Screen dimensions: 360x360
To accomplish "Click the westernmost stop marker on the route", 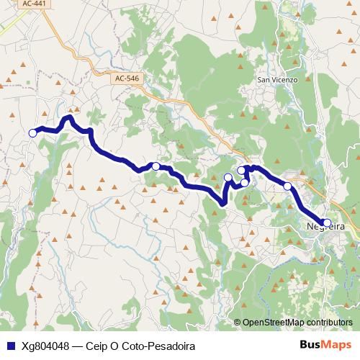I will tap(32, 132).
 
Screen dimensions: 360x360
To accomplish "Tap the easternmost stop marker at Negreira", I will tap(327, 222).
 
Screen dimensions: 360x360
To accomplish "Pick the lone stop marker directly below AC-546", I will tap(156, 166).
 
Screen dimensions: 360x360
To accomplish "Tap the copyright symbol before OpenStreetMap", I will tap(238, 322).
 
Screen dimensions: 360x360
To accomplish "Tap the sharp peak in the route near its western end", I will tap(69, 117).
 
